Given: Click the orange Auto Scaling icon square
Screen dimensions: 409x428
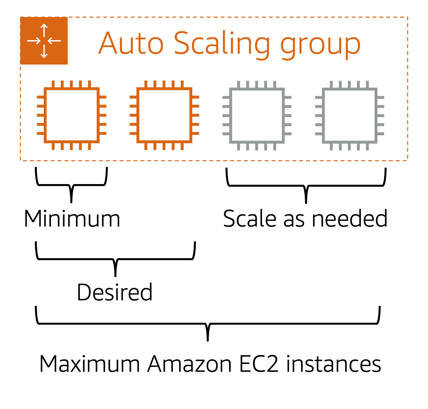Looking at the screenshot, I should [x=44, y=41].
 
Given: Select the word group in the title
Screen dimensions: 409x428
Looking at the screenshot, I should [x=321, y=46].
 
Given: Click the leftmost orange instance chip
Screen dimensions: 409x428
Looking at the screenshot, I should [x=72, y=115].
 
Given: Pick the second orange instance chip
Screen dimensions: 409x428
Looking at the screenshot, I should [x=164, y=115].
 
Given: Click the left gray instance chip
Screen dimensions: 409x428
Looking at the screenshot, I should [x=257, y=115].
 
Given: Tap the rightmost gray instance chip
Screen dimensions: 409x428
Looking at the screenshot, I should [x=350, y=115].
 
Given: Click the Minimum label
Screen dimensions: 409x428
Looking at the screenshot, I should [x=72, y=219].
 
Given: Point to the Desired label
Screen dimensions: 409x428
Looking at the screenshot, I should [x=115, y=292].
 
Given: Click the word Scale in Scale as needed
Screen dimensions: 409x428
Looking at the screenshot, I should [x=250, y=219].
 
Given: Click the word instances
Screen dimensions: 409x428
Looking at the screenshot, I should [x=333, y=364].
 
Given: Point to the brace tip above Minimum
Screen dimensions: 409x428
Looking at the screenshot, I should [x=71, y=201].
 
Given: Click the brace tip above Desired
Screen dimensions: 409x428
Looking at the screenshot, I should [x=115, y=274].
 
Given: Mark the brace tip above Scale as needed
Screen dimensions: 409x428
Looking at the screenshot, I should [x=306, y=201].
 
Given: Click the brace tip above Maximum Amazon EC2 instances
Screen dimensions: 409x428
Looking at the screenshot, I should [x=208, y=339].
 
